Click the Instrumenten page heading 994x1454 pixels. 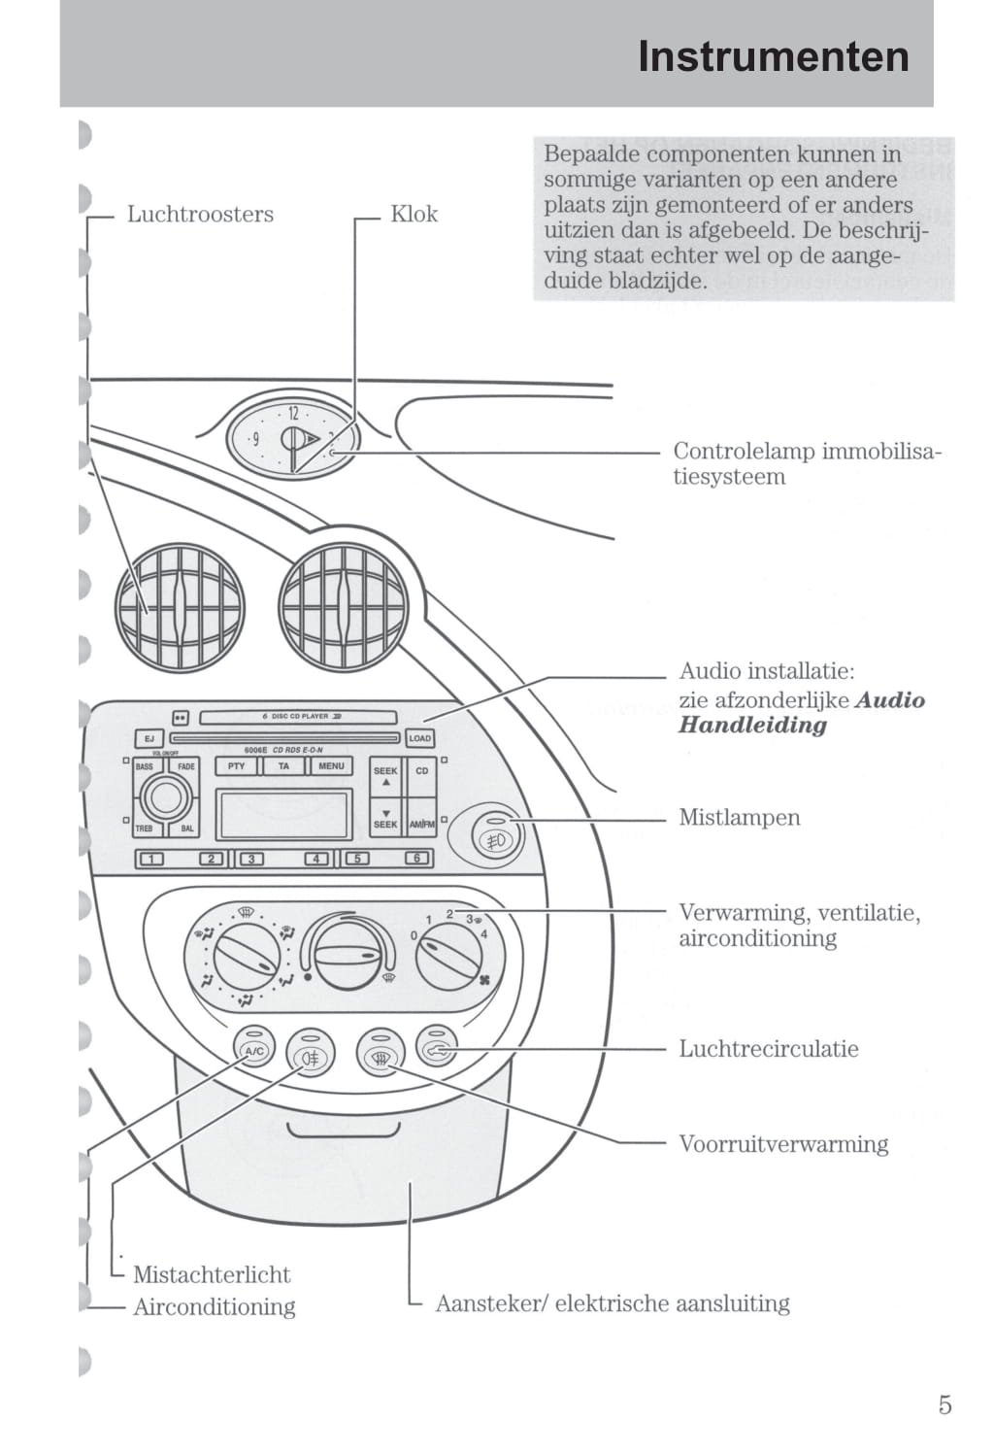click(773, 56)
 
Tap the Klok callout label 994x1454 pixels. click(414, 214)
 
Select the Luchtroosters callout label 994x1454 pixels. click(200, 214)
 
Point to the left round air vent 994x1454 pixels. click(180, 609)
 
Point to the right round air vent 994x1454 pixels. click(344, 609)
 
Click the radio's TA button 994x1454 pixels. click(283, 766)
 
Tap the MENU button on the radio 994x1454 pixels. click(331, 766)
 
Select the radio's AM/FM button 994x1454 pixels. click(422, 824)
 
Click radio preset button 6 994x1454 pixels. click(416, 859)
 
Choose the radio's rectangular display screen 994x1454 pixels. click(284, 814)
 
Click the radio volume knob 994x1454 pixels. click(166, 798)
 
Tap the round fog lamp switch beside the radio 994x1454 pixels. click(495, 834)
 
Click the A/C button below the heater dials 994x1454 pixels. click(253, 1050)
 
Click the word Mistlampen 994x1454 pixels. click(739, 817)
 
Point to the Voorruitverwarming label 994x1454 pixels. click(782, 1143)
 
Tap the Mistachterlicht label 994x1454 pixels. click(212, 1274)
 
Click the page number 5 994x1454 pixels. click(944, 1404)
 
